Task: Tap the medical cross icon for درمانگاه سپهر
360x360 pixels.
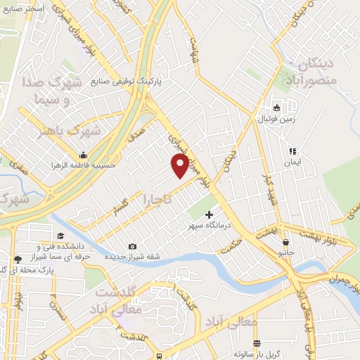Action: [x=208, y=214]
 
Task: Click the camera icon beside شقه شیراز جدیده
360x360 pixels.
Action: [x=133, y=246]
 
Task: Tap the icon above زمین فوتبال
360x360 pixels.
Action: [x=276, y=108]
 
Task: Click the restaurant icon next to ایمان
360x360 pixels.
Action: [x=292, y=151]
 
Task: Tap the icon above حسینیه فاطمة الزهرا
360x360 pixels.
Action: [x=84, y=154]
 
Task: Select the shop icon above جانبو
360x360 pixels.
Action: [x=284, y=240]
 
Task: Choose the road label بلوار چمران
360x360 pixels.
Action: [x=342, y=273]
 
